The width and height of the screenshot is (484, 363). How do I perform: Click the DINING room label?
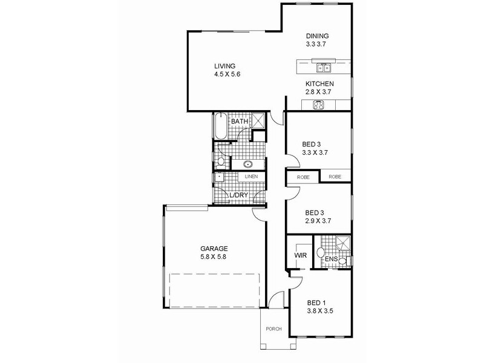point(318,36)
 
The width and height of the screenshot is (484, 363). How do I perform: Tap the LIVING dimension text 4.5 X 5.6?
point(227,74)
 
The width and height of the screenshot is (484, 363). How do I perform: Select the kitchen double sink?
point(324,68)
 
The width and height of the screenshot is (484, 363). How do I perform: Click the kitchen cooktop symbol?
point(319,105)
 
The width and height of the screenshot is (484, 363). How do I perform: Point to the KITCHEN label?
point(319,83)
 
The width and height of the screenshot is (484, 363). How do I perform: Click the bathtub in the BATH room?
point(218,127)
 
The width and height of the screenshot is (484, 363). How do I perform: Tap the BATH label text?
point(240,122)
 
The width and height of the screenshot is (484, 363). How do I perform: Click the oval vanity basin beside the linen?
point(248,164)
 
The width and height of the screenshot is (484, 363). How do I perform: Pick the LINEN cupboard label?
point(251,177)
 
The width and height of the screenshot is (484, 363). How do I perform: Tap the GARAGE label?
point(214,248)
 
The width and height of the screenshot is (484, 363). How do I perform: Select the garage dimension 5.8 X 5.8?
point(214,257)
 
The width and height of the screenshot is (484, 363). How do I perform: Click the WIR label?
point(301,255)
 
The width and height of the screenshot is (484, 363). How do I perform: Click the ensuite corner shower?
point(343,243)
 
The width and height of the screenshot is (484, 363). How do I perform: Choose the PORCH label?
point(273,329)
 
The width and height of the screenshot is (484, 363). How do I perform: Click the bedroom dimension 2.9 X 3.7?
point(318,221)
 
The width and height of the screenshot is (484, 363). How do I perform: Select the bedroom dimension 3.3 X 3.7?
point(315,153)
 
